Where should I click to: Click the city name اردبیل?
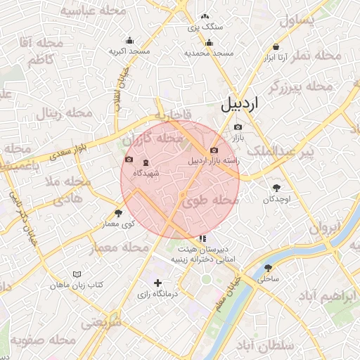(x=240, y=103)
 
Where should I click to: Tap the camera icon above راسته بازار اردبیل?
(x=214, y=150)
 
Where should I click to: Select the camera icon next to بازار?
(x=238, y=127)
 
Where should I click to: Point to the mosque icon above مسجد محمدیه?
(x=209, y=42)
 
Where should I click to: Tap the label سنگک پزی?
(x=205, y=27)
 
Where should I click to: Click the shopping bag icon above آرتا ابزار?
(x=276, y=47)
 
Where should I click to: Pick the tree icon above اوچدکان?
(x=276, y=188)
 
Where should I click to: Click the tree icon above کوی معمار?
(x=118, y=213)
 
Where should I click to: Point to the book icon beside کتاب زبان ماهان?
(x=77, y=274)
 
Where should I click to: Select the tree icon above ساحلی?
(x=268, y=268)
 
